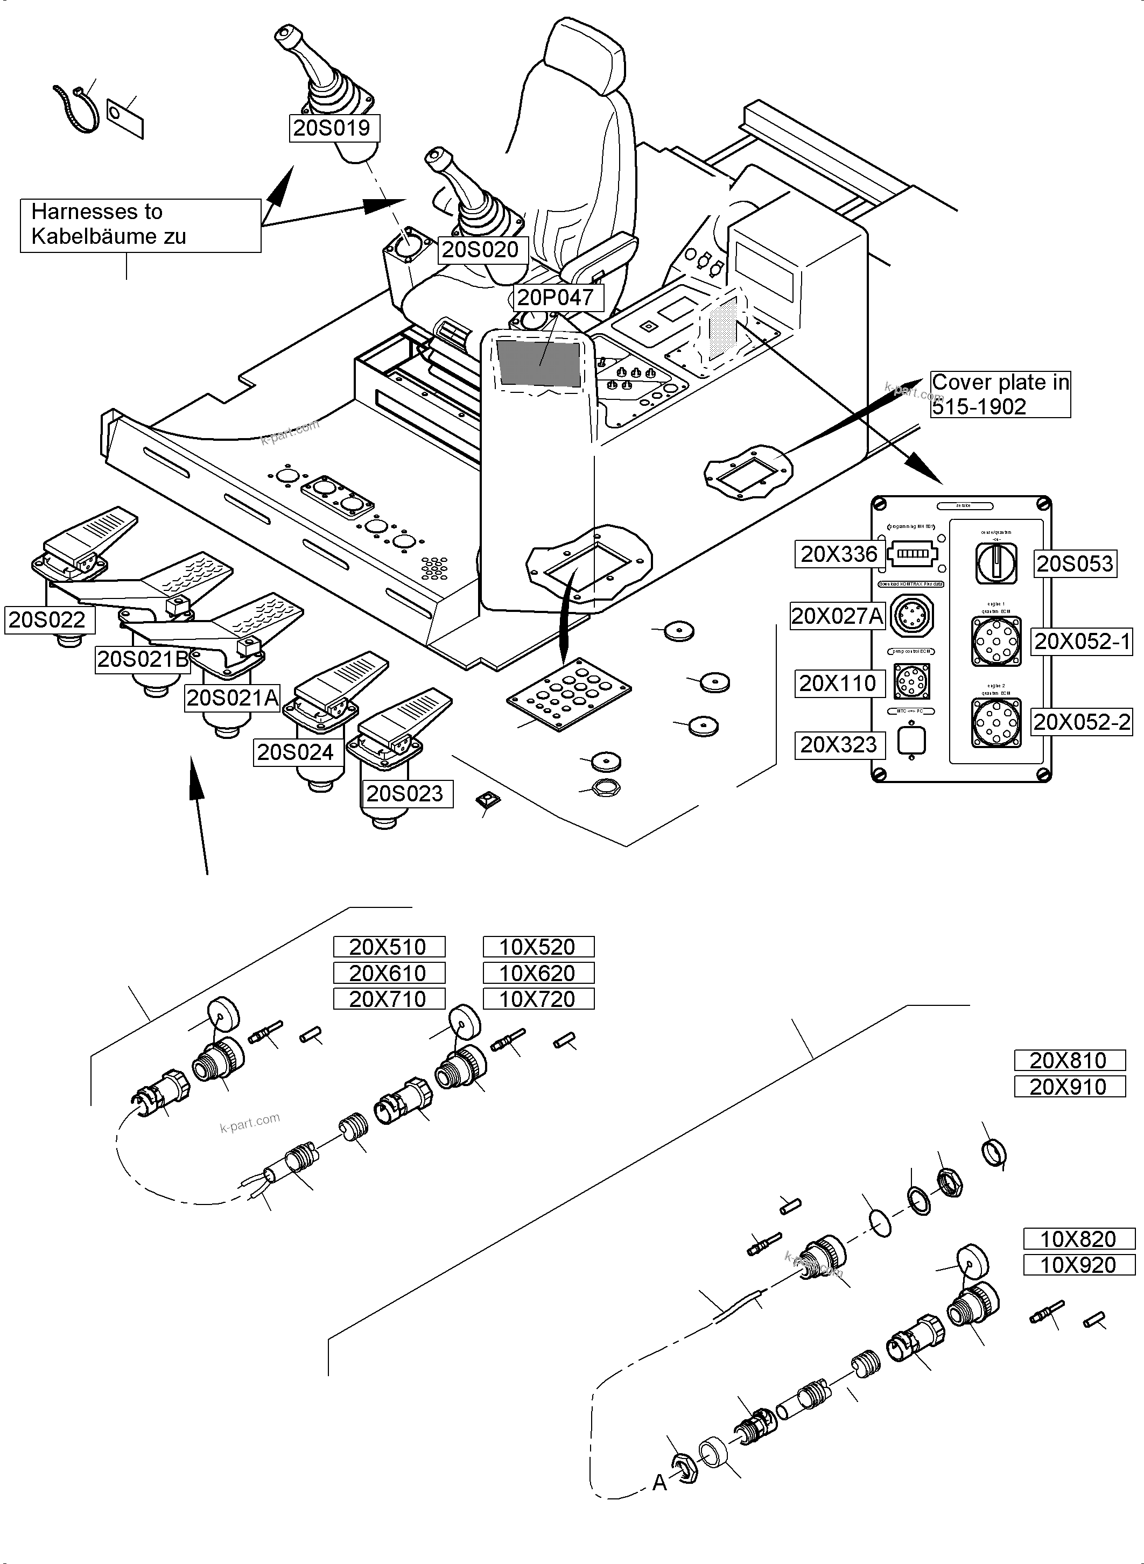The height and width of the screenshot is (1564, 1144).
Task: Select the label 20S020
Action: [481, 249]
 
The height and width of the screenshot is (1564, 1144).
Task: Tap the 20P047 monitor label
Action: [556, 298]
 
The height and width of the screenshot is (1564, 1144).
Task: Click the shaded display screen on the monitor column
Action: [539, 363]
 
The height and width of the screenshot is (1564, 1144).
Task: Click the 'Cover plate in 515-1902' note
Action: [999, 394]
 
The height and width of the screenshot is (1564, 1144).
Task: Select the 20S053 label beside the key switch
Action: [1075, 563]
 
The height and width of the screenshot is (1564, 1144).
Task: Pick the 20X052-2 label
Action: [1081, 722]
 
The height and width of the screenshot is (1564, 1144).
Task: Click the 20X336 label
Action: [839, 554]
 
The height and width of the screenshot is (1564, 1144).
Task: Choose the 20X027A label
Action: [838, 616]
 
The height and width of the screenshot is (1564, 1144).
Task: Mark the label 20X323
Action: [839, 745]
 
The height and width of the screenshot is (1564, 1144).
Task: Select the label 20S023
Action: [405, 793]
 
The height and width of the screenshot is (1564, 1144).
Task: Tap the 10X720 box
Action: [538, 999]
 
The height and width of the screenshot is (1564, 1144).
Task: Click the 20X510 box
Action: [389, 947]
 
